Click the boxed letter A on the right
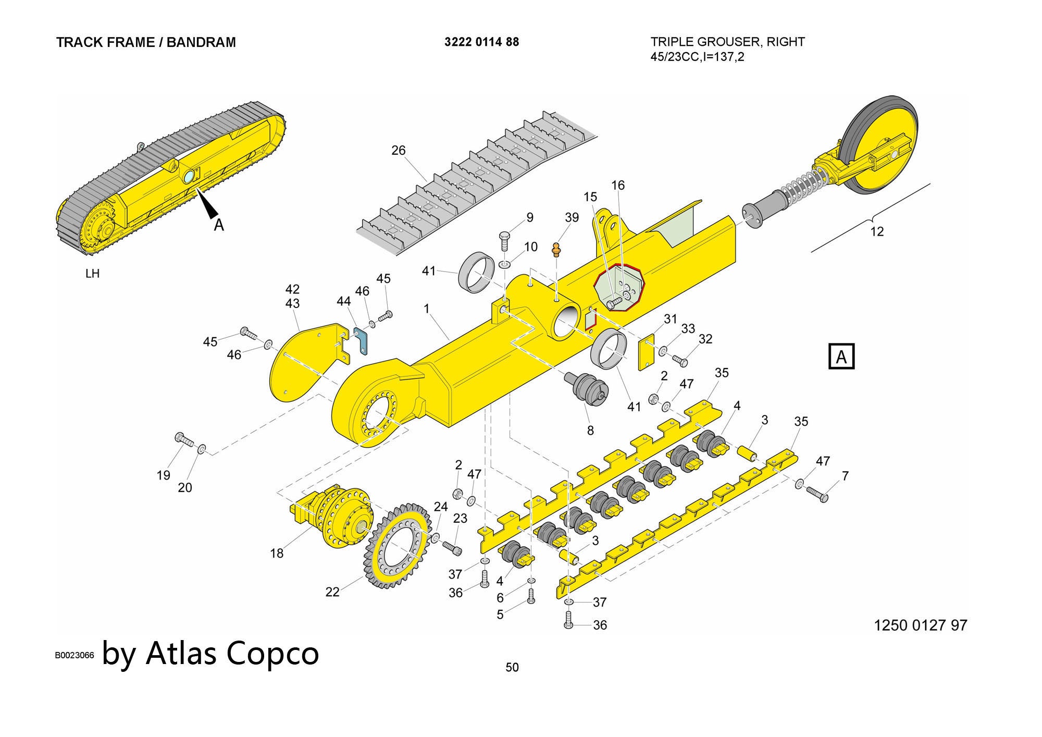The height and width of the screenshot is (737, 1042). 841,357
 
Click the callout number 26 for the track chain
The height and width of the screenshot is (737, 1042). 398,151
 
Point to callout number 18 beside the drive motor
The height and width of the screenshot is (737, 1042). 277,553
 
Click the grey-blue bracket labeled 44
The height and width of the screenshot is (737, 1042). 362,340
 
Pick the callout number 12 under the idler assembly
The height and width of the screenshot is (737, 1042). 877,231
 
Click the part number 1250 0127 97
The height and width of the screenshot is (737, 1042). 920,625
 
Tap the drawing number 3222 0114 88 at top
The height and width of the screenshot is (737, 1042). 481,42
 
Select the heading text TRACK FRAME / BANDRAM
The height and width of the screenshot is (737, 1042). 146,42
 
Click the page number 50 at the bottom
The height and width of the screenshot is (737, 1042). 512,667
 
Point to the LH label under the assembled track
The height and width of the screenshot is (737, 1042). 92,274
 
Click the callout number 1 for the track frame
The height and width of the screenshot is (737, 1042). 426,309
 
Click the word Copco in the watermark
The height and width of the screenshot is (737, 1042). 272,653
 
